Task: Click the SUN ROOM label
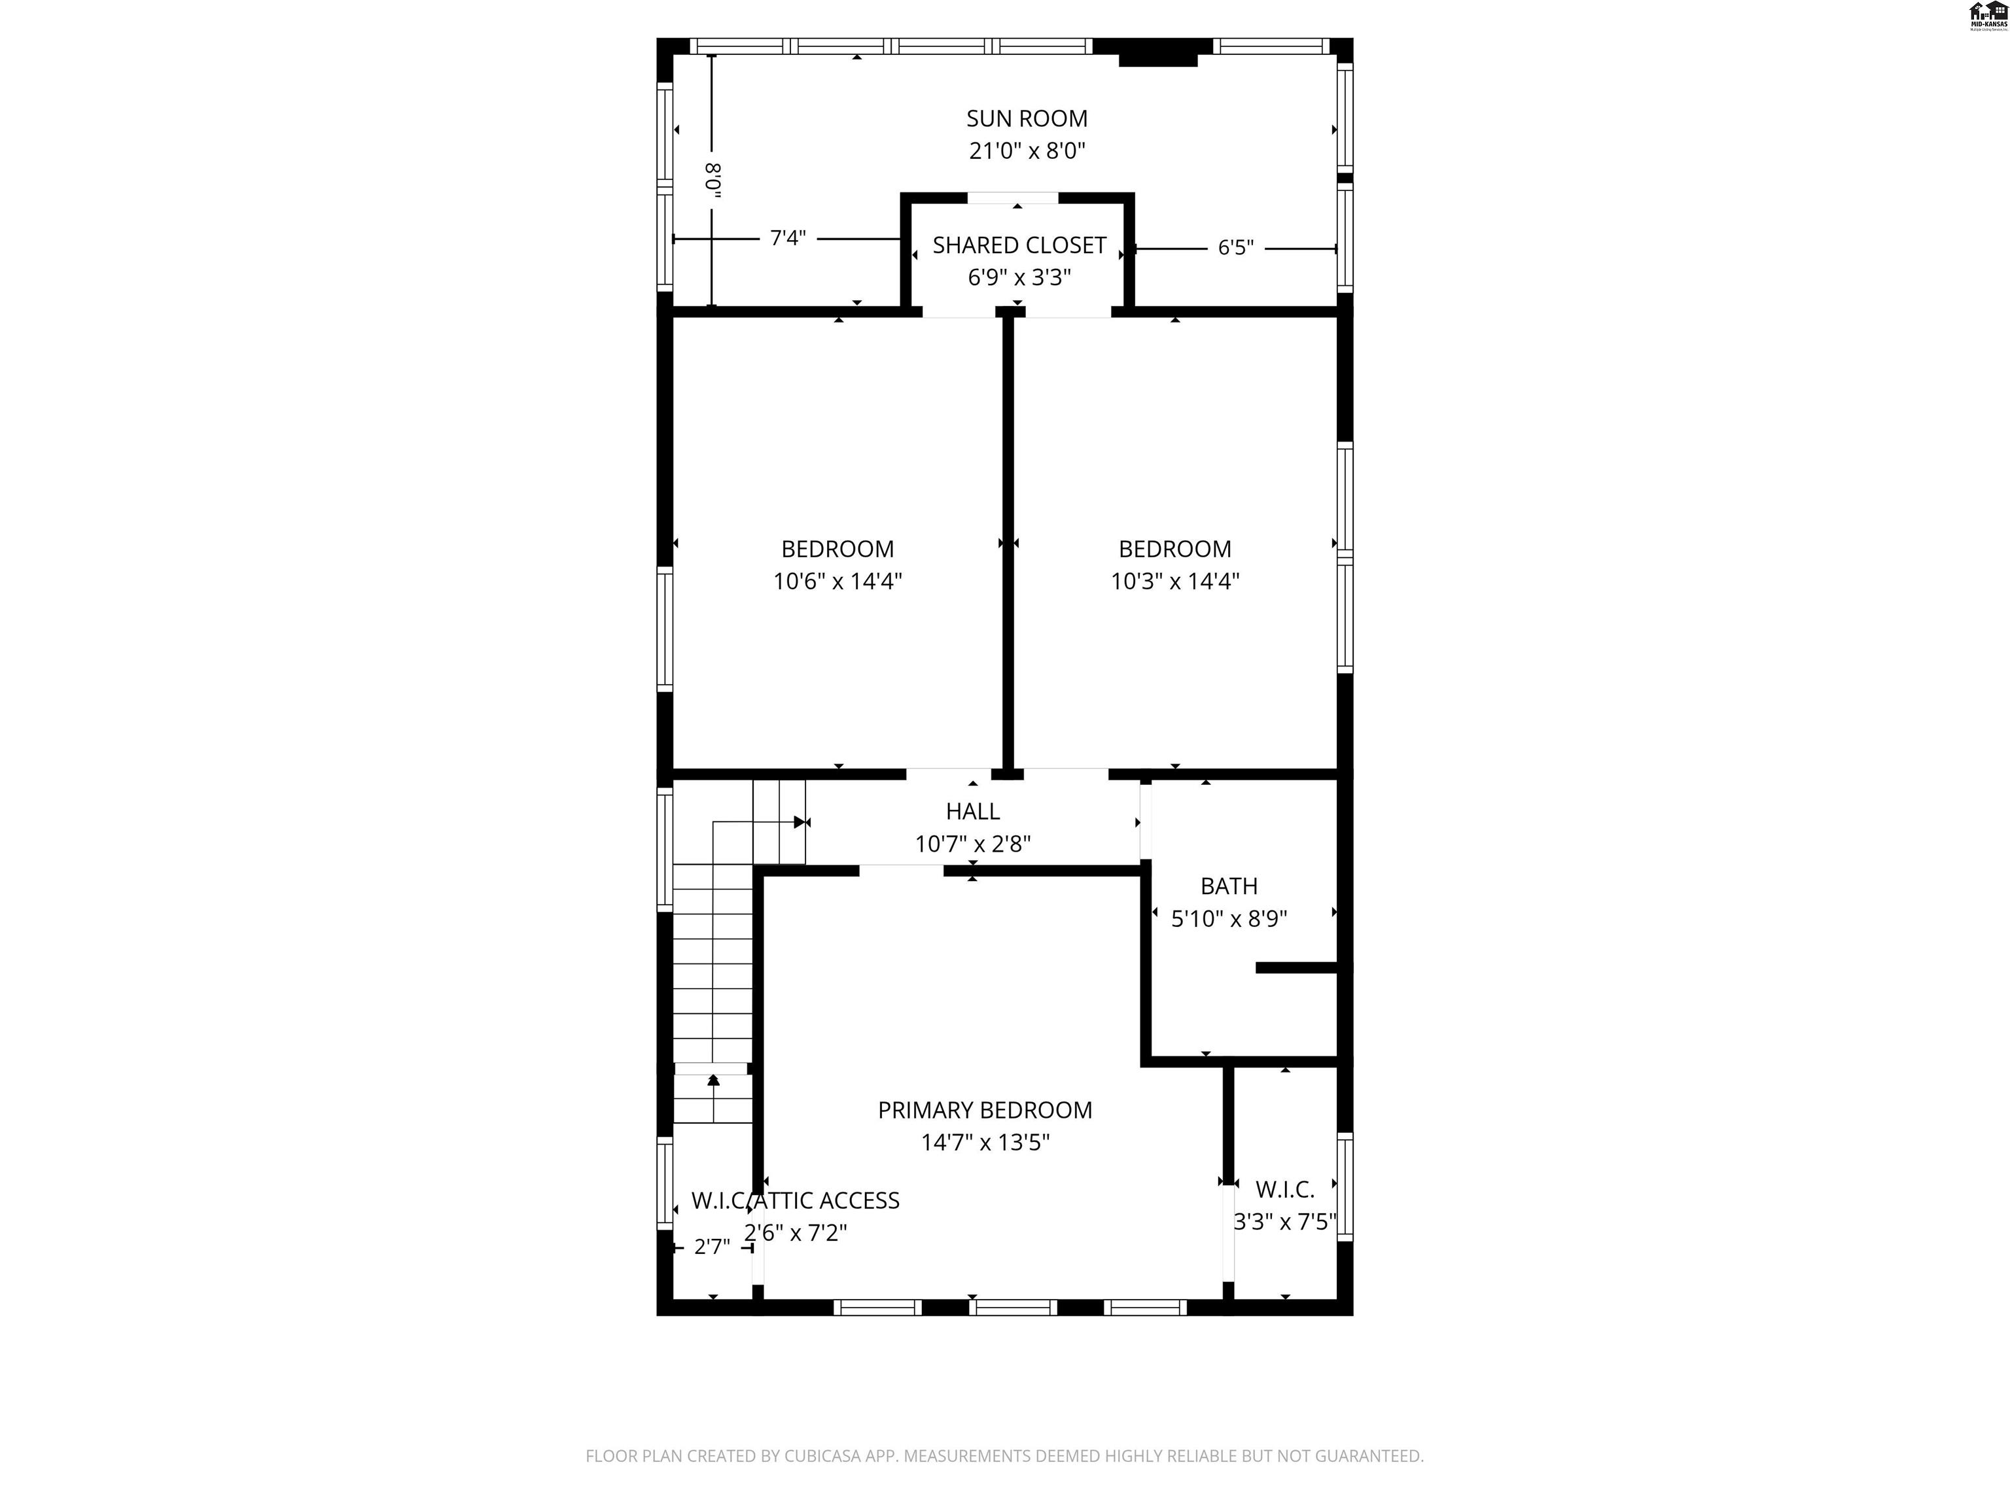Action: (1026, 119)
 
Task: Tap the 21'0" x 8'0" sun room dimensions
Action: (1027, 151)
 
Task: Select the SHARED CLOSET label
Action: (1019, 245)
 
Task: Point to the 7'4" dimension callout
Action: (787, 238)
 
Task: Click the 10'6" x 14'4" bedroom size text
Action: (837, 581)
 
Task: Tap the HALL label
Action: (972, 811)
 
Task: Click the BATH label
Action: (1229, 886)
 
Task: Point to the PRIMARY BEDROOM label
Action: (984, 1110)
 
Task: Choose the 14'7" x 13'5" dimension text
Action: (985, 1143)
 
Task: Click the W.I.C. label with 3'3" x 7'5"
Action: (1284, 1189)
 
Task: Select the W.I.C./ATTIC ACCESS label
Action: (795, 1201)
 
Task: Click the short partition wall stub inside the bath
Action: (1295, 968)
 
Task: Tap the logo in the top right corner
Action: (1987, 16)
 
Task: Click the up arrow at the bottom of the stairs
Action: (713, 1080)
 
